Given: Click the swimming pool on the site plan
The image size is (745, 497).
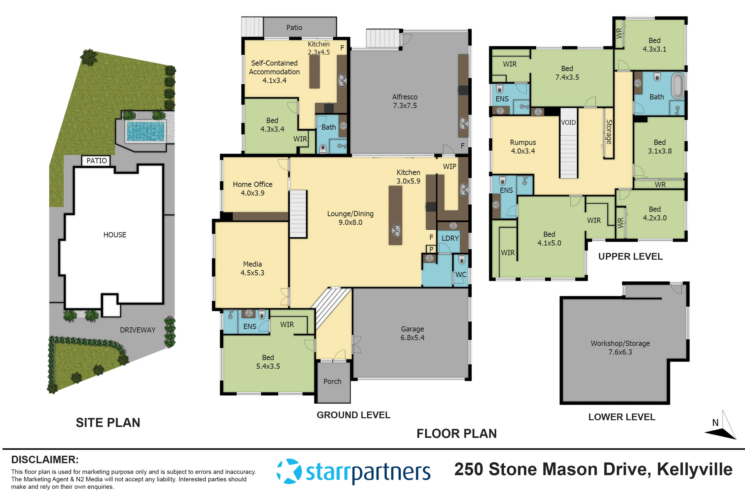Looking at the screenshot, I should pyautogui.click(x=145, y=131).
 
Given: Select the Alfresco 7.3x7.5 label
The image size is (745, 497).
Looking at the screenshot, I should pyautogui.click(x=405, y=101).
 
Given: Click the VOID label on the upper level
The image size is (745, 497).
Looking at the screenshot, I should pyautogui.click(x=568, y=122).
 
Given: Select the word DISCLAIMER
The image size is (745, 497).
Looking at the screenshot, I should pyautogui.click(x=45, y=459).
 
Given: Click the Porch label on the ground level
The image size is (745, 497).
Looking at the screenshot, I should pyautogui.click(x=332, y=381).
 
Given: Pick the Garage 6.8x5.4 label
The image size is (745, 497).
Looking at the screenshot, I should pyautogui.click(x=412, y=333).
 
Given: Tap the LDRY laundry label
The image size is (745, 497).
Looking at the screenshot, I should pyautogui.click(x=450, y=238).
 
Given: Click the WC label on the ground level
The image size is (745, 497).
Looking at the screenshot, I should pyautogui.click(x=461, y=274).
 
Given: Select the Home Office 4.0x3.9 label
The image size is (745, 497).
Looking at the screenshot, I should pyautogui.click(x=252, y=189).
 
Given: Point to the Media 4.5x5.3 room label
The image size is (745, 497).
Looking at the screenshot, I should pyautogui.click(x=252, y=268).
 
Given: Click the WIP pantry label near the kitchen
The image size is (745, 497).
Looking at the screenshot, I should pyautogui.click(x=449, y=166).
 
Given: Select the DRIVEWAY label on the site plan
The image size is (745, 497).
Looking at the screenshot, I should pyautogui.click(x=137, y=330).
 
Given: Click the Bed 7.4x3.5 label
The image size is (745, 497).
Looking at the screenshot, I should pyautogui.click(x=567, y=73).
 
